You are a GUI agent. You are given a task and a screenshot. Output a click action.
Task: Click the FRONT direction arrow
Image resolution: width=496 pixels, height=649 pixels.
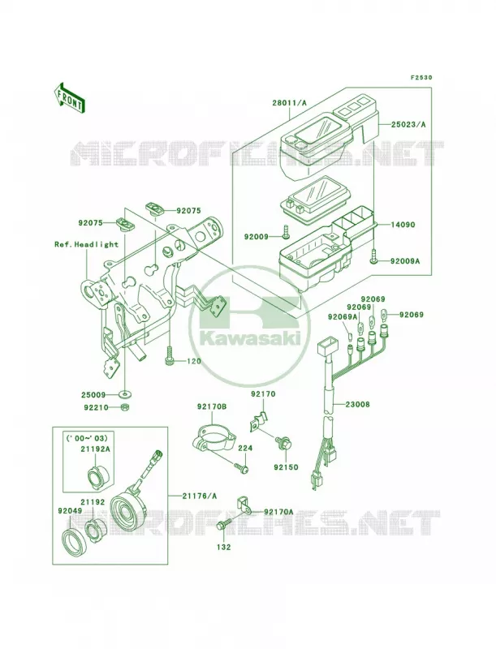pos(69,97)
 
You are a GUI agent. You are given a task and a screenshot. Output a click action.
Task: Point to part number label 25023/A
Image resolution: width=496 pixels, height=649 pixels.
pos(408,124)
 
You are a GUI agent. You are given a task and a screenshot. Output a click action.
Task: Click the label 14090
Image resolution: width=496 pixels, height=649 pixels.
pos(403,225)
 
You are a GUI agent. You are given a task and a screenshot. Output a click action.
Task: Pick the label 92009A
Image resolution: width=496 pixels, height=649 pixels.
pos(405,261)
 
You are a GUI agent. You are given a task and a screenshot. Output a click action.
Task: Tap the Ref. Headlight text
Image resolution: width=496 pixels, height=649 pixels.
pos(87,244)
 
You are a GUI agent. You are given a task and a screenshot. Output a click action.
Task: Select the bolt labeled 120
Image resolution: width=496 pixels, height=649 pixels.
pos(170,355)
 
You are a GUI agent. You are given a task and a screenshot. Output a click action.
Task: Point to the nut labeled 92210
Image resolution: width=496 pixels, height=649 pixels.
pos(125,408)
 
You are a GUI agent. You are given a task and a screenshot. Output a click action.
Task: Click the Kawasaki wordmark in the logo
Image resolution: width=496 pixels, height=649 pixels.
pos(249,338)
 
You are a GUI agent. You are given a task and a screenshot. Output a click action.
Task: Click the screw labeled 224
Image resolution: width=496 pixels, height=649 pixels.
pos(241,467)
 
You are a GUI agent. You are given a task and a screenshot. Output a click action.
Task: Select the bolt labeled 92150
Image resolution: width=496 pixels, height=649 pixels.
pos(286,443)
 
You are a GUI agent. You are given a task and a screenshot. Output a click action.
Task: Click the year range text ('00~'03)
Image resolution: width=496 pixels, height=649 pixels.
pos(88,438)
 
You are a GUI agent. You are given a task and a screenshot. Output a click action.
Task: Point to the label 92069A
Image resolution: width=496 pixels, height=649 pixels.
pos(343,317)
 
